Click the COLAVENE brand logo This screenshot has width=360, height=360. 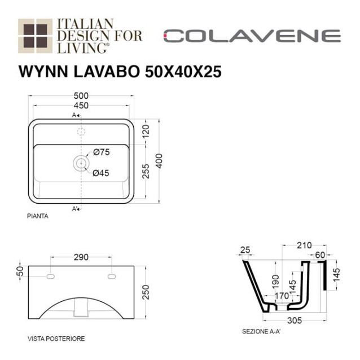(252, 37)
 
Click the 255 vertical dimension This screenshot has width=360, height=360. (146, 174)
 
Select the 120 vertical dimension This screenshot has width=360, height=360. (146, 133)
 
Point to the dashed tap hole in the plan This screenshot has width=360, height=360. (81, 131)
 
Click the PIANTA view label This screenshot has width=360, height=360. (37, 216)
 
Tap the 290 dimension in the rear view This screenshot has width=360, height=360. (81, 257)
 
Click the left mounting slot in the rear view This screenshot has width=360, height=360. (50, 277)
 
